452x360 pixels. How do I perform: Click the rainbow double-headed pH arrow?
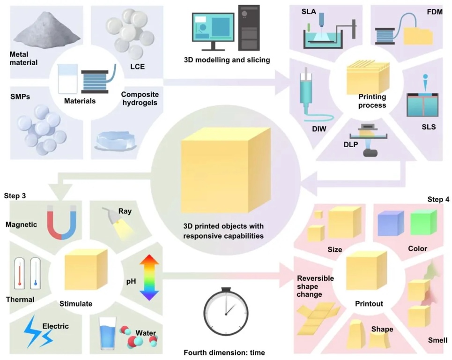pyautogui.click(x=149, y=277)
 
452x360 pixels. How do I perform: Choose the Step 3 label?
pyautogui.click(x=15, y=195)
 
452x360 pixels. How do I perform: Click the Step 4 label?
pyautogui.click(x=438, y=199)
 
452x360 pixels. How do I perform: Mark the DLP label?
pyautogui.click(x=351, y=144)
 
